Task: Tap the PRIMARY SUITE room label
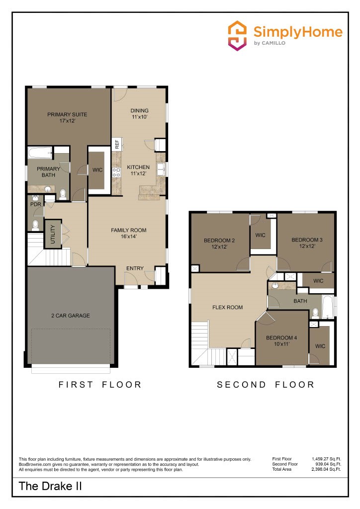[67, 118]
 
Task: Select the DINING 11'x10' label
[139, 114]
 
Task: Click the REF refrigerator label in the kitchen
[117, 145]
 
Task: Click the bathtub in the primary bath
[40, 153]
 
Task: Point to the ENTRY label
[135, 268]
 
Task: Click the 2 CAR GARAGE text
[71, 316]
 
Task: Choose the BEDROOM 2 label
[219, 244]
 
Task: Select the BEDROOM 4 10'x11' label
[281, 341]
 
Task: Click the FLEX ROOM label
[228, 307]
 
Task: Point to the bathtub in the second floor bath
[329, 307]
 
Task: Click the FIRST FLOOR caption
[100, 384]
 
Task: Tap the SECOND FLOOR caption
[266, 384]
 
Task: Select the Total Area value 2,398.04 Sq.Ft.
[325, 469]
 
